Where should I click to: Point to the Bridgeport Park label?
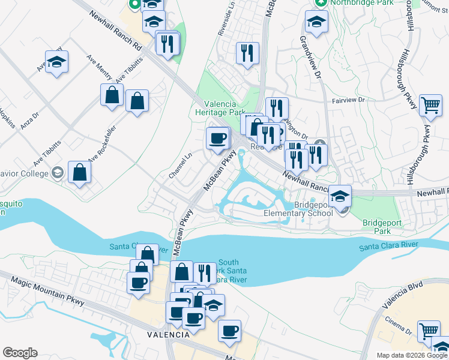point(377,226)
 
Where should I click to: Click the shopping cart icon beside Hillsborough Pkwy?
point(431,104)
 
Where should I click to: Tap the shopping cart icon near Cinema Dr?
point(429,331)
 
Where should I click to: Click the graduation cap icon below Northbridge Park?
point(316,22)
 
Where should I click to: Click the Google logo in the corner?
point(20,353)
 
